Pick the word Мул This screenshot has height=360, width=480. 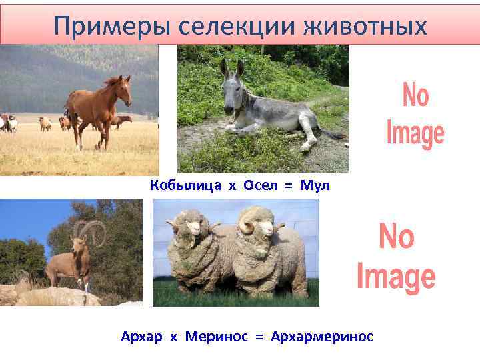pos(315,186)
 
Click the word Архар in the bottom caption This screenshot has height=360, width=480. pos(141,337)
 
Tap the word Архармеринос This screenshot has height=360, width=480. pos(322,337)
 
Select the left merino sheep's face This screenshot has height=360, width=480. pos(193,229)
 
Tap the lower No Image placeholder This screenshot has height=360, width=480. pos(396,256)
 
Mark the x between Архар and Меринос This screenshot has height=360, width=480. pos(173,337)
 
